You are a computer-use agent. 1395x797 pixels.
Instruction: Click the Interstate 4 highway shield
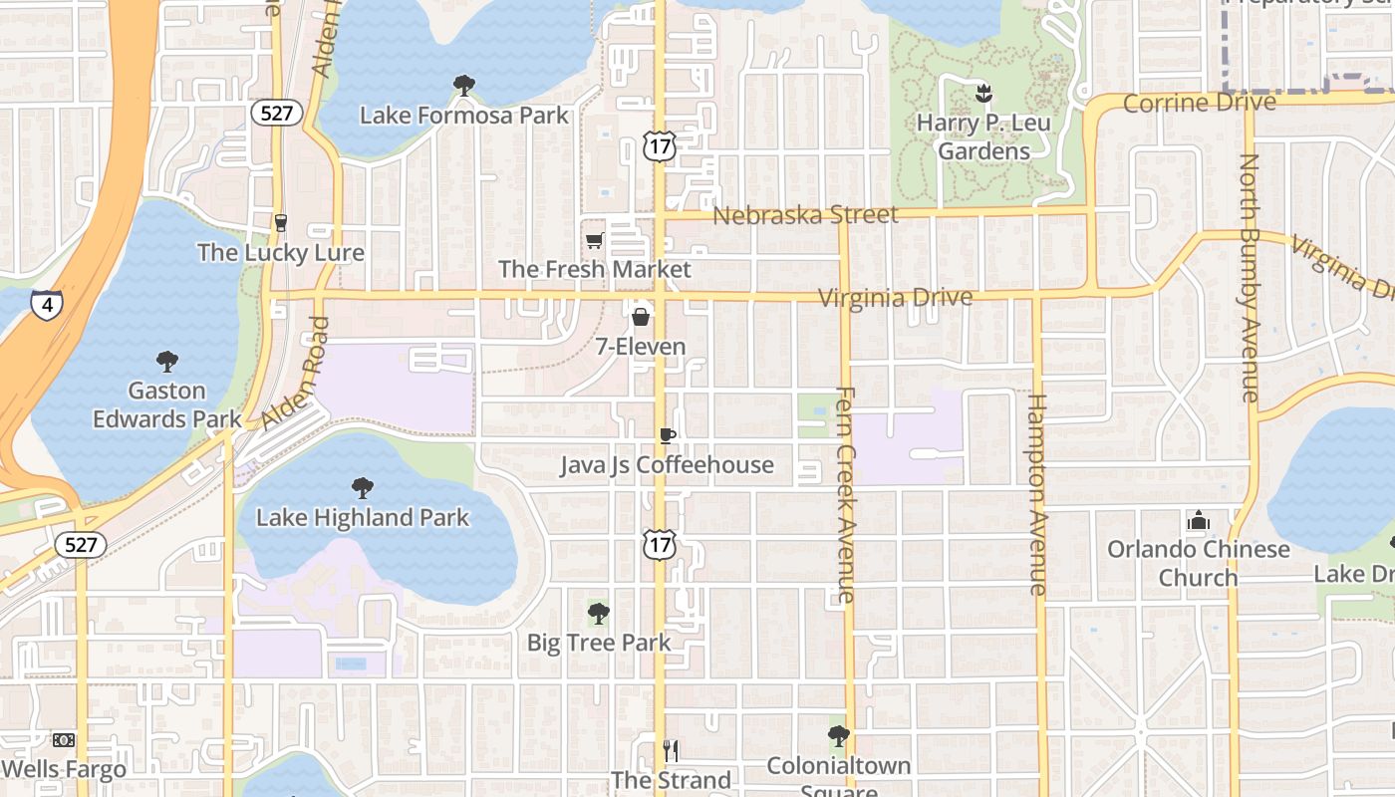coord(46,304)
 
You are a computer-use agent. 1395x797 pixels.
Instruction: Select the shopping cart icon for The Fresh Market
coord(595,240)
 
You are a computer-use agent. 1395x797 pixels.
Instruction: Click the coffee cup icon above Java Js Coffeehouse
coord(667,435)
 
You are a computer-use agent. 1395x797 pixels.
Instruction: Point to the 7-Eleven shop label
coord(641,347)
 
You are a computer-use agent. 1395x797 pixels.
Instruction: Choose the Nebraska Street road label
coord(805,214)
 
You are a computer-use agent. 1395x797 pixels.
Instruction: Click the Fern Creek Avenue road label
coord(845,495)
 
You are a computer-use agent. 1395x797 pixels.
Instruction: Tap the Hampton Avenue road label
coord(1037,495)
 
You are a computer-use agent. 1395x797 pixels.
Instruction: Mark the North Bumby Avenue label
coord(1250,277)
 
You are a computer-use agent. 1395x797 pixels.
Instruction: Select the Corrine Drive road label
coord(1199,103)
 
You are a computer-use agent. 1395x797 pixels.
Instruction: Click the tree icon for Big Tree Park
coord(598,613)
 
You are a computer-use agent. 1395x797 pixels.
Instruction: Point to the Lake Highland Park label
coord(362,518)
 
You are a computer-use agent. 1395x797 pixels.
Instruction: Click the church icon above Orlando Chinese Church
coord(1198,521)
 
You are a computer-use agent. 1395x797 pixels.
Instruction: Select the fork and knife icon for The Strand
coord(671,751)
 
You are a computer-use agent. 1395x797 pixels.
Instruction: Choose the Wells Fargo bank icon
coord(64,740)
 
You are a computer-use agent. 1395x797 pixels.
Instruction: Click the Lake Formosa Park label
coord(463,116)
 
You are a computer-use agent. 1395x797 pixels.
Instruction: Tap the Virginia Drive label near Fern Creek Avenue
coord(894,298)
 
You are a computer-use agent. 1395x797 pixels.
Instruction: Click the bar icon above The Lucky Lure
coord(281,222)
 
